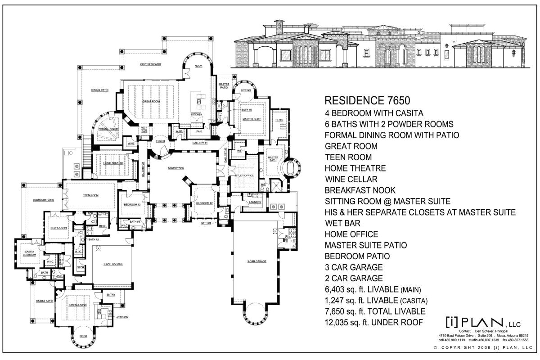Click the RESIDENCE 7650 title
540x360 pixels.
point(367,100)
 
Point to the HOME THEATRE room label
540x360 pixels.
point(113,162)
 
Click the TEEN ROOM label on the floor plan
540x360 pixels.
point(90,195)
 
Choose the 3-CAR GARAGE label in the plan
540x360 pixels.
point(257,261)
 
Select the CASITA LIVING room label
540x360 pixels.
point(77,305)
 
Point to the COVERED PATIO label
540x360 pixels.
point(151,64)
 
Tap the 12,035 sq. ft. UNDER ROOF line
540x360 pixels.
point(373,322)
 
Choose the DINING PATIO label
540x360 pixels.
point(100,90)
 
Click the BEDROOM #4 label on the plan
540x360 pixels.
point(58,228)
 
